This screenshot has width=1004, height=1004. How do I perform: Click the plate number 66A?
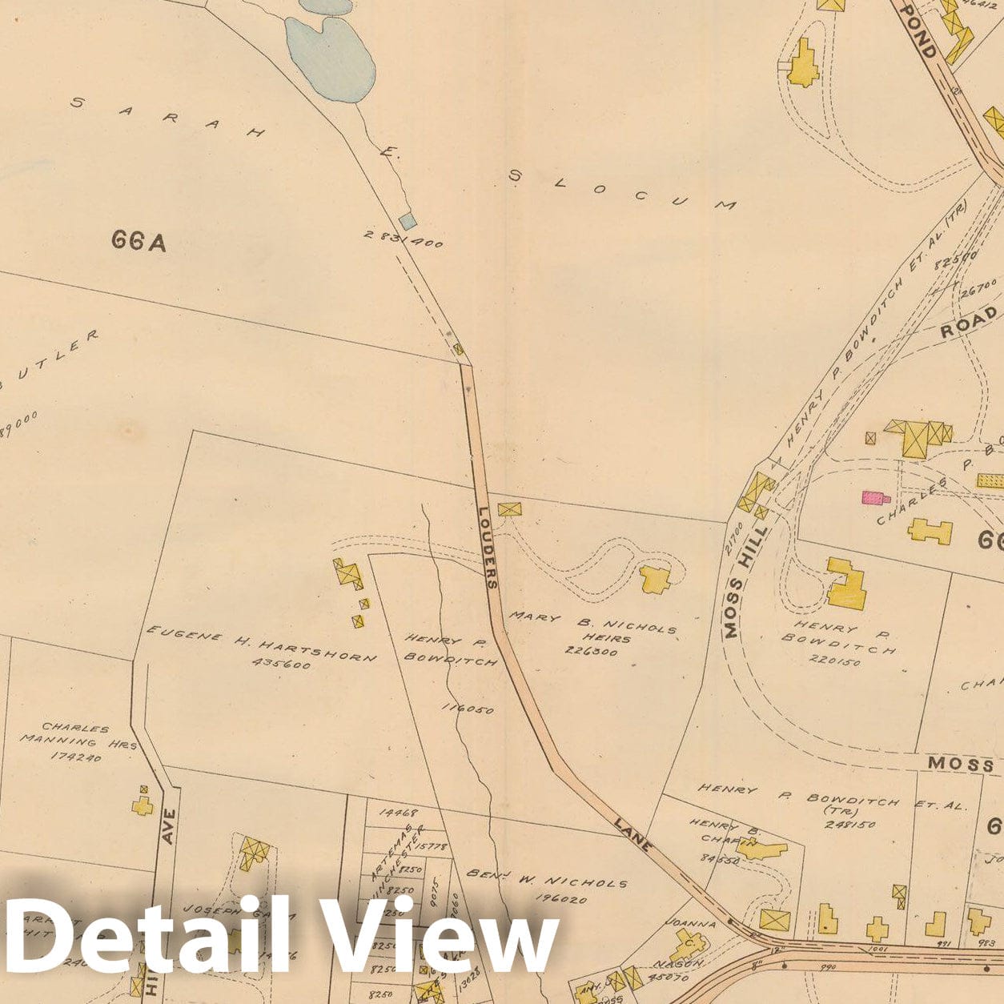pos(139,240)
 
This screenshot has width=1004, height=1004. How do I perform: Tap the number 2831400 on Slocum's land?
pos(404,239)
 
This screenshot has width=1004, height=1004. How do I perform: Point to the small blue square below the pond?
pos(408,221)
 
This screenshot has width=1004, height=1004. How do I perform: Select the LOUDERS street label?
pos(488,548)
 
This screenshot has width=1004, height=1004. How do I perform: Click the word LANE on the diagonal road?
pos(635,833)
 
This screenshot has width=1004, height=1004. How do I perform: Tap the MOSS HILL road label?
pos(745,581)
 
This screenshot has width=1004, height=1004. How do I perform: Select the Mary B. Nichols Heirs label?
pos(593,627)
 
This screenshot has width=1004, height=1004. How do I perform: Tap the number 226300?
pos(591,652)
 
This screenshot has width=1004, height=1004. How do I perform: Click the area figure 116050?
pos(468,709)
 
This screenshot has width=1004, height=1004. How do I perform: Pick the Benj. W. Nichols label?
pos(547,878)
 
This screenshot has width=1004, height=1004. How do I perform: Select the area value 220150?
pos(835,662)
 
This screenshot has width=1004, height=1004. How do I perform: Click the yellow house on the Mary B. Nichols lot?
pos(655,579)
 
